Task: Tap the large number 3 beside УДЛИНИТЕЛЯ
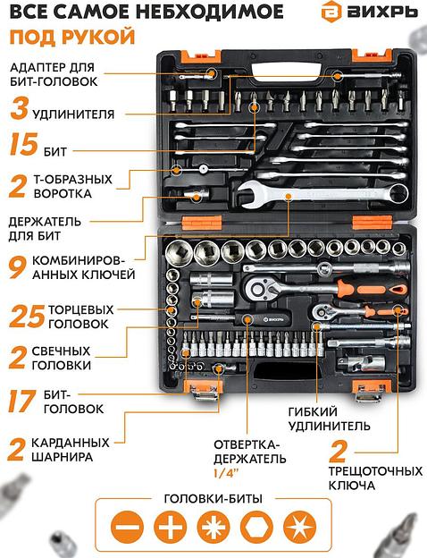19,112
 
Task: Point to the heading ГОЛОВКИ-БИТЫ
213,498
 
